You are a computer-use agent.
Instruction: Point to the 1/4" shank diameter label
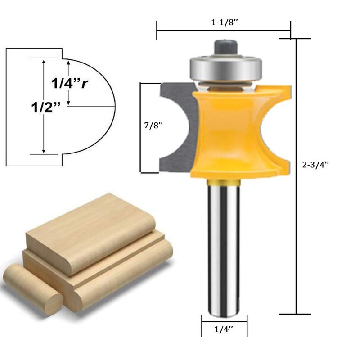click(224, 329)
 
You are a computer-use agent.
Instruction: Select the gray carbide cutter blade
click(175, 128)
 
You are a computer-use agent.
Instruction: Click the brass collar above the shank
click(224, 181)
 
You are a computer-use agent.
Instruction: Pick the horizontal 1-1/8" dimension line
click(224, 31)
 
